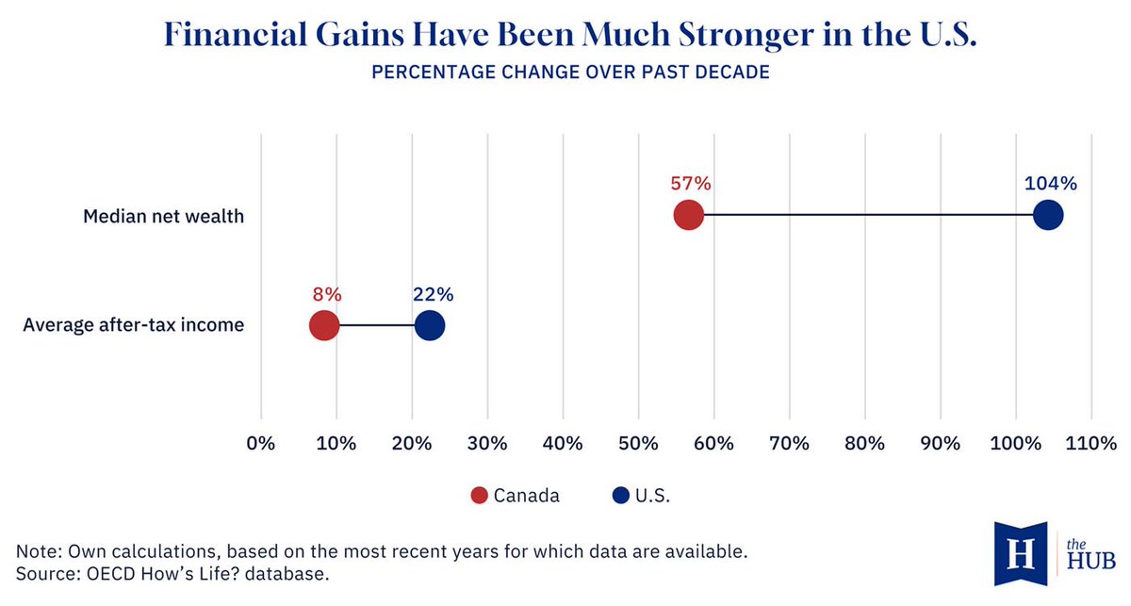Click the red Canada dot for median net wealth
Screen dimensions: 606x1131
point(689,216)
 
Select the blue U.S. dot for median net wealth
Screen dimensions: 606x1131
point(1048,216)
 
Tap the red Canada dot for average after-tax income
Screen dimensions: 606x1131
point(323,326)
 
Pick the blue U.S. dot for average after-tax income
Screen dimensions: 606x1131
point(430,326)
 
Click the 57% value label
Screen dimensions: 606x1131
point(689,183)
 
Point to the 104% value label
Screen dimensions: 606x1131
point(1050,183)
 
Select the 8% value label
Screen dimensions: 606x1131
point(327,294)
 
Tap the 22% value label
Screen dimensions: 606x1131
point(433,294)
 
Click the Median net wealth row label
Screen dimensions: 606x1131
point(163,217)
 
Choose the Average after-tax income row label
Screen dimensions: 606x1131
point(133,326)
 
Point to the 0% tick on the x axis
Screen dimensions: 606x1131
point(260,443)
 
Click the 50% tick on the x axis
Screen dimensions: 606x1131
point(638,443)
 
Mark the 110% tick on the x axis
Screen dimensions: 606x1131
point(1090,443)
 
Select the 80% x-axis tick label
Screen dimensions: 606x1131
point(864,443)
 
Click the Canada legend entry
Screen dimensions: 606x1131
point(516,496)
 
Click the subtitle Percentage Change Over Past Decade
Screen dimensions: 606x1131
point(570,73)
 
